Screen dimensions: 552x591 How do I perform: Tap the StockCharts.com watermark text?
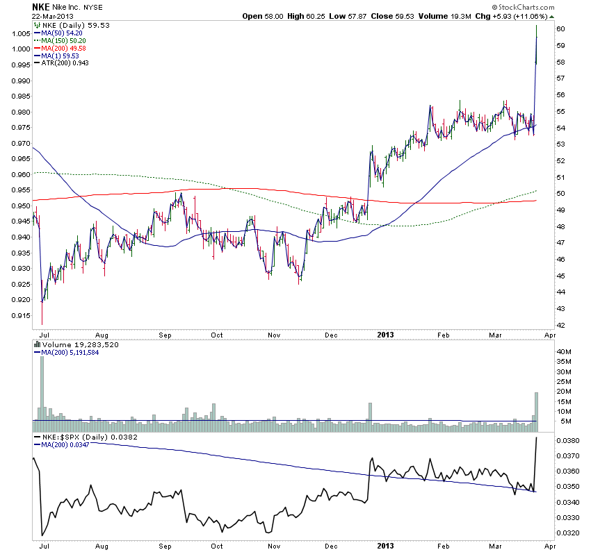(521, 7)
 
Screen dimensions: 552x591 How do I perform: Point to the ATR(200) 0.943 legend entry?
(65, 63)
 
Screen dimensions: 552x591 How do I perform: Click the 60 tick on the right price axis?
(560, 28)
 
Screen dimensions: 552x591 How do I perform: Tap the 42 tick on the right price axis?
(560, 325)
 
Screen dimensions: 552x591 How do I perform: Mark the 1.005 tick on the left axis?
(20, 33)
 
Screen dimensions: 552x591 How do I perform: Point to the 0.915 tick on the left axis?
(20, 315)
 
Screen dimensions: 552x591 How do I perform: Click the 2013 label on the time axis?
(386, 334)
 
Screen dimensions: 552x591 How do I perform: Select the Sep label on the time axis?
(165, 334)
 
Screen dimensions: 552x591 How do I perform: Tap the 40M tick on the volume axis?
(565, 352)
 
